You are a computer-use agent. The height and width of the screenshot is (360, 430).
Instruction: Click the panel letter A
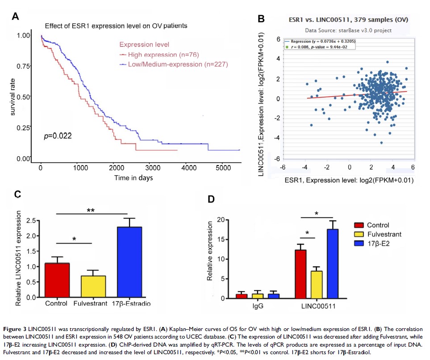[x=15, y=17]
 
